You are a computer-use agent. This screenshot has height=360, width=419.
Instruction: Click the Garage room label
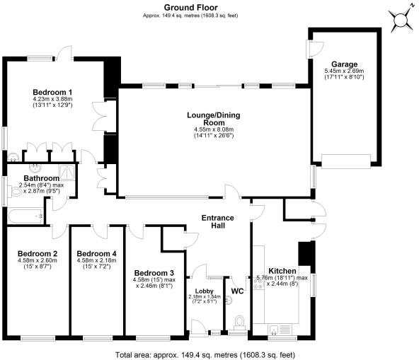click(344, 64)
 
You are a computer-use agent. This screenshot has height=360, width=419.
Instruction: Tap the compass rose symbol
click(400, 21)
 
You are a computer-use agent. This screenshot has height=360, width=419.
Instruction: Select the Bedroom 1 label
click(52, 93)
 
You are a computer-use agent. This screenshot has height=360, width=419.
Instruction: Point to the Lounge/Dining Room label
click(214, 119)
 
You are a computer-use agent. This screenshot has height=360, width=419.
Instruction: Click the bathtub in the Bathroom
click(25, 216)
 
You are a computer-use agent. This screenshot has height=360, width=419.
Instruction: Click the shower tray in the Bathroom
click(67, 173)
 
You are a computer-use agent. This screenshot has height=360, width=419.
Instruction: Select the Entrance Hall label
click(217, 221)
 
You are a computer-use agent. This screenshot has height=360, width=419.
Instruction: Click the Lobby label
click(204, 291)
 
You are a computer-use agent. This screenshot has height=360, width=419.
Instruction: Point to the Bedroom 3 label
click(154, 273)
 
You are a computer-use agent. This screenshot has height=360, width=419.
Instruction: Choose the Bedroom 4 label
click(96, 253)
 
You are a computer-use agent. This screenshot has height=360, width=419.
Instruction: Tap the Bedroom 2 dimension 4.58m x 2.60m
click(38, 260)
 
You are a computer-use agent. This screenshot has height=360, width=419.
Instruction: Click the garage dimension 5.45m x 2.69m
click(344, 71)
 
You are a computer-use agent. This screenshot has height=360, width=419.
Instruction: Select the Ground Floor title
click(191, 7)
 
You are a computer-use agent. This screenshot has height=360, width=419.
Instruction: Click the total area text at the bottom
click(205, 355)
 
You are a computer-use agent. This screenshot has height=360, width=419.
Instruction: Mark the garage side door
click(315, 49)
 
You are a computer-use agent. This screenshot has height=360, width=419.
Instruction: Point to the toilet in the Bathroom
click(15, 192)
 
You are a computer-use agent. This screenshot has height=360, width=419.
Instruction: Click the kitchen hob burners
click(258, 283)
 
